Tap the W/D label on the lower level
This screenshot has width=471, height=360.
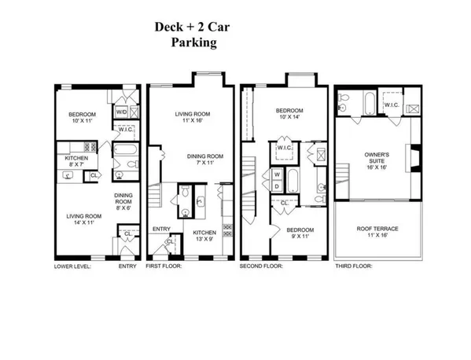click(x=122, y=112)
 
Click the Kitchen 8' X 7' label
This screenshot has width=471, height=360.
click(x=76, y=160)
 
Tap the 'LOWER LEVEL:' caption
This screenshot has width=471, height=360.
click(x=72, y=266)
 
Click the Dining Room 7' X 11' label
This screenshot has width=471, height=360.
click(x=205, y=160)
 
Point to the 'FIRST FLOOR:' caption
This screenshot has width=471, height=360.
click(x=164, y=266)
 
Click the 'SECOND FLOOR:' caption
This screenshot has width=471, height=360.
click(x=260, y=266)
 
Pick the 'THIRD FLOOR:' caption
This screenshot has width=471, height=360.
click(x=352, y=266)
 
